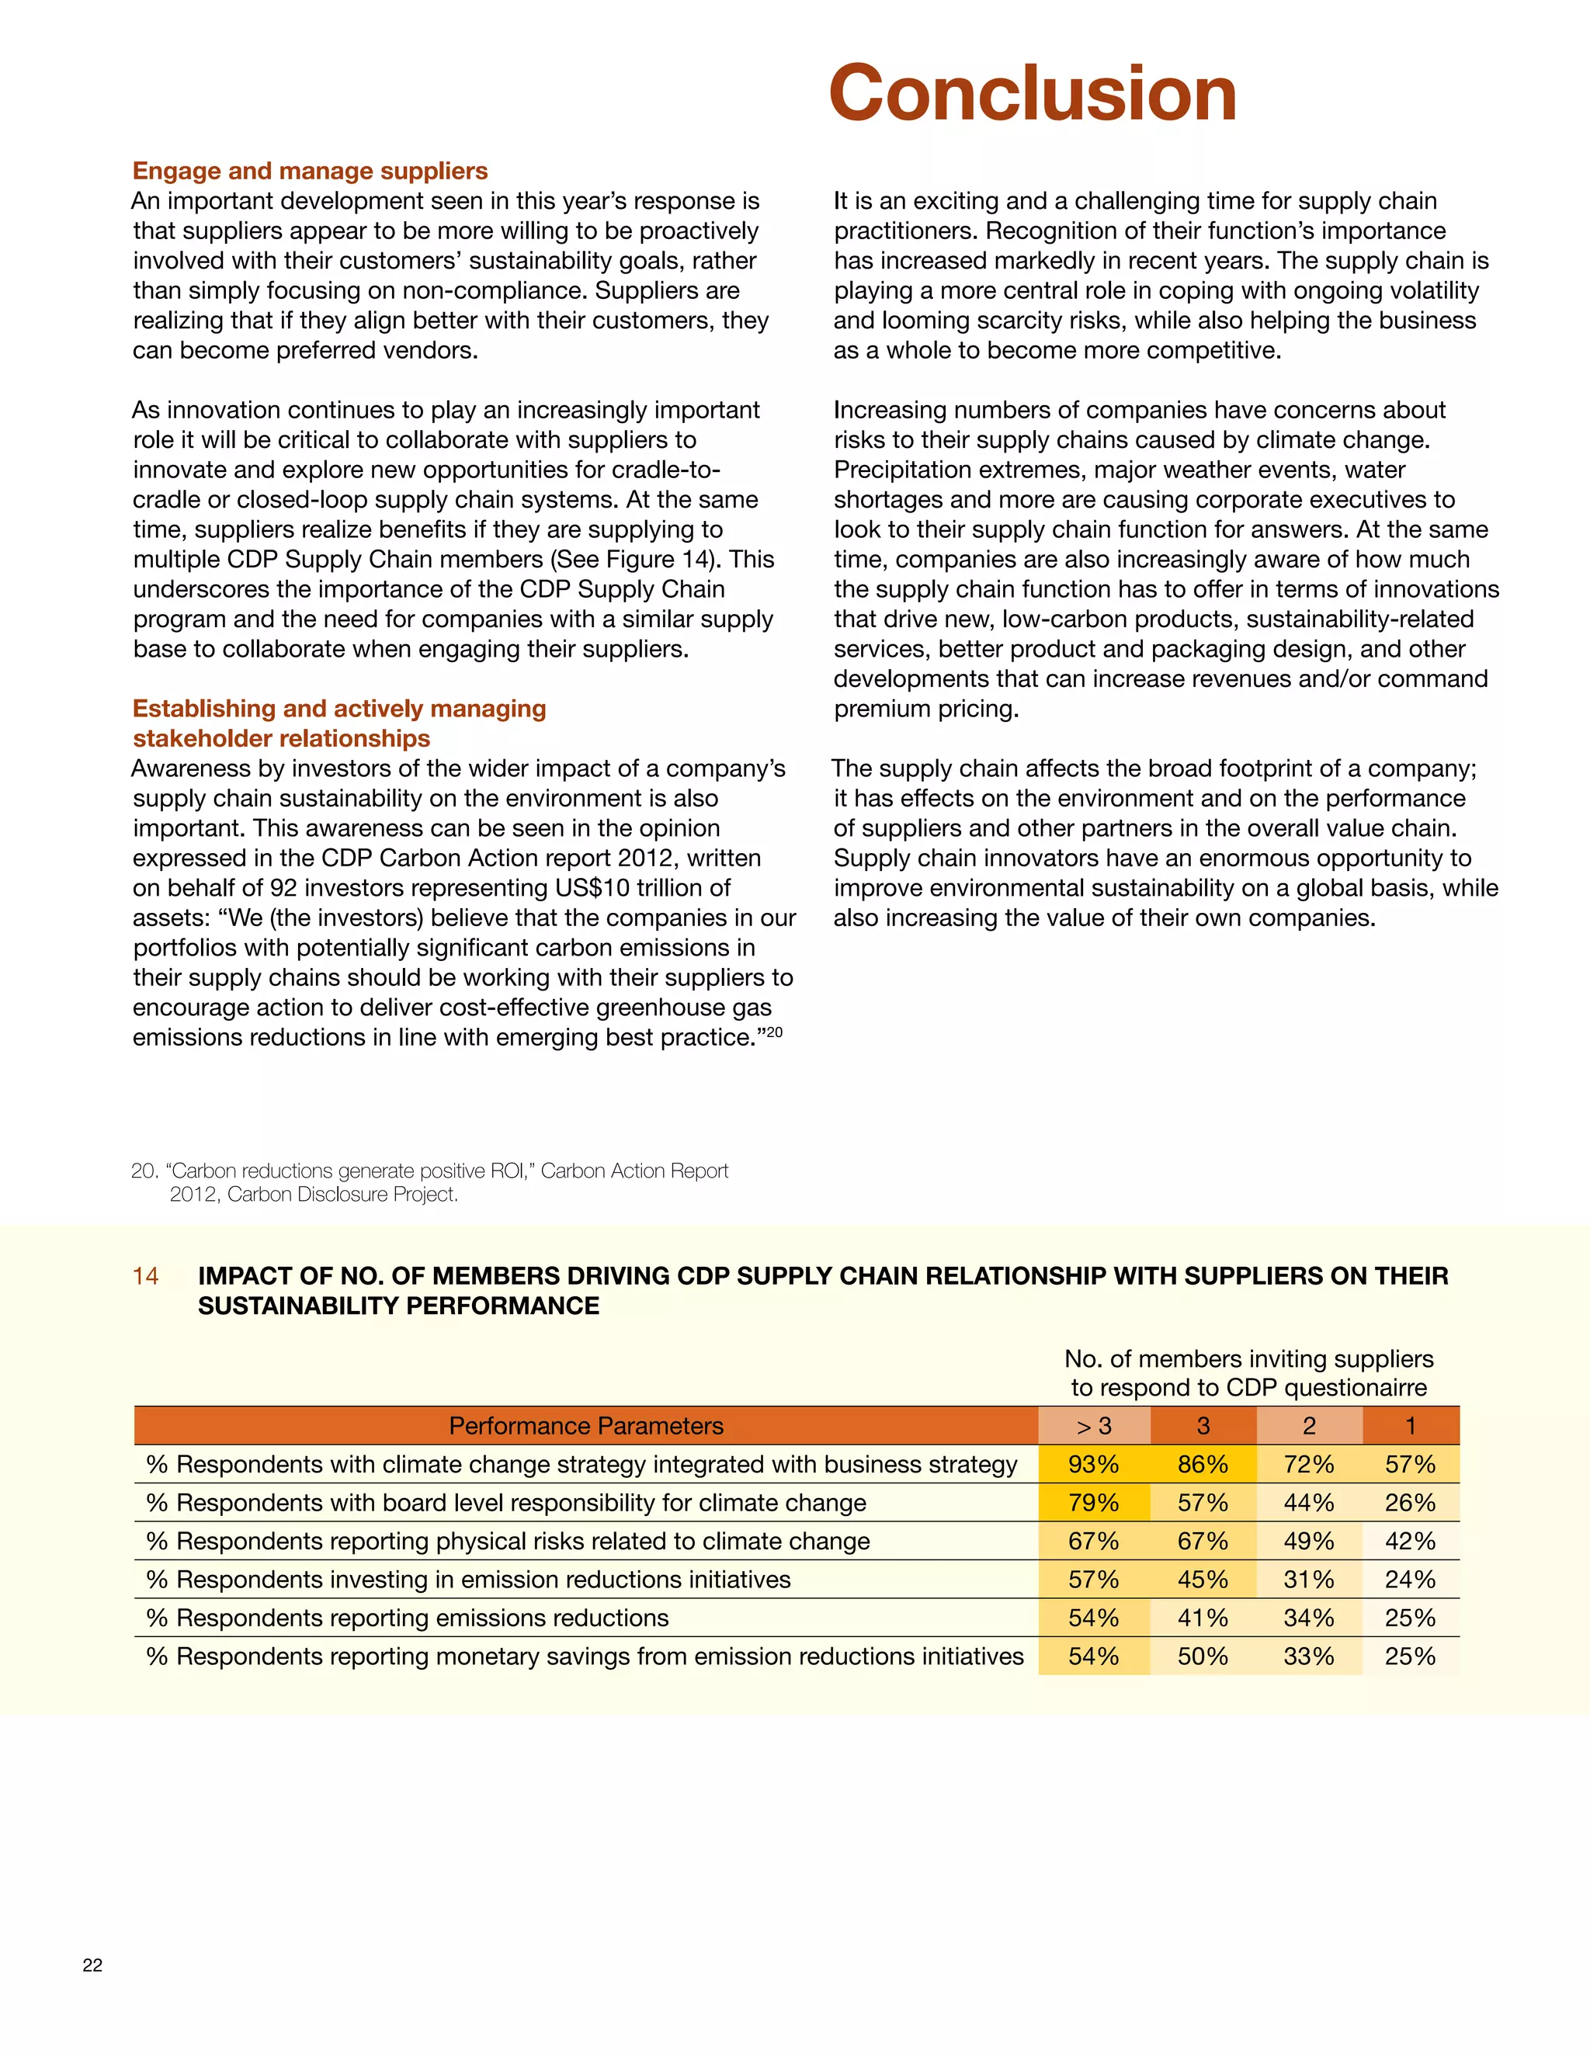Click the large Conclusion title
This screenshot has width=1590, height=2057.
click(x=1033, y=93)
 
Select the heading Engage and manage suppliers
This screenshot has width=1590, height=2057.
click(x=310, y=171)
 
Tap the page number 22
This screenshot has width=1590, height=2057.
click(x=92, y=1964)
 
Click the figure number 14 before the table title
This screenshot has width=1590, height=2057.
click(x=145, y=1276)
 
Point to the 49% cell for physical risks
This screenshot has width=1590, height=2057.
click(x=1308, y=1541)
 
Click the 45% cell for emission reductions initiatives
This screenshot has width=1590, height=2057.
click(x=1202, y=1580)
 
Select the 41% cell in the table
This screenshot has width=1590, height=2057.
click(x=1202, y=1618)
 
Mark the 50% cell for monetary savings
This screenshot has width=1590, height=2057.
click(x=1202, y=1656)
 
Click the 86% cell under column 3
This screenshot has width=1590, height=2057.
click(x=1202, y=1465)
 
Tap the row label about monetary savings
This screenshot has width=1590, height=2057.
click(x=584, y=1656)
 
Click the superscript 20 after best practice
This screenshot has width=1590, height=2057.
click(x=773, y=1032)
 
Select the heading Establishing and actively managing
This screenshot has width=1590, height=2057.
click(x=339, y=708)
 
